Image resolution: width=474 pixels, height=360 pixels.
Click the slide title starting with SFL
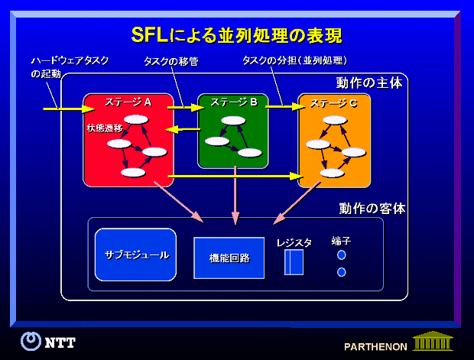236,34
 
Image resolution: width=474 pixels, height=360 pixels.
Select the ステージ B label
233,101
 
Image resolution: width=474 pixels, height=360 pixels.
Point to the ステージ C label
333,102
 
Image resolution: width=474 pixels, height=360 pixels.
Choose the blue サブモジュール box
136,255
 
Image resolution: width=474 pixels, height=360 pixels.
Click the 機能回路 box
229,258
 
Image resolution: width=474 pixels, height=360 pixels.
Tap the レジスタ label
294,242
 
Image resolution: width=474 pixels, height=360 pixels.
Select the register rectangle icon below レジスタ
294,262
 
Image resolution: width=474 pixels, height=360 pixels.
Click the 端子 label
341,241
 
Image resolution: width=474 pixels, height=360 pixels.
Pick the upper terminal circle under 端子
342,255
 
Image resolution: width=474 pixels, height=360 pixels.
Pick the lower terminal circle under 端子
342,271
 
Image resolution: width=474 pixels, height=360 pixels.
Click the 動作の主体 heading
368,83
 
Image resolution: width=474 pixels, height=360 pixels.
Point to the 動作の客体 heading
372,207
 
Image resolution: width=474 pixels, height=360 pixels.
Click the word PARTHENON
375,345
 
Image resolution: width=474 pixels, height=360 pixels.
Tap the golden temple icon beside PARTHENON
431,340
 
